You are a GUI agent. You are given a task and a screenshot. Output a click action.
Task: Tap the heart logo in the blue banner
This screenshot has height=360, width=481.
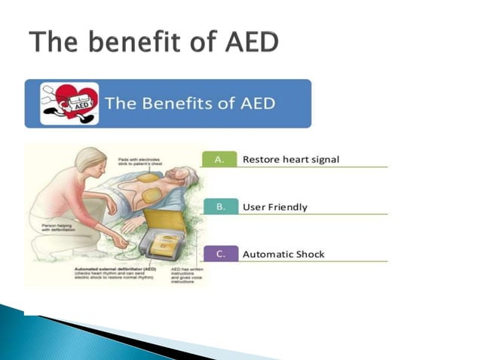pos(69,103)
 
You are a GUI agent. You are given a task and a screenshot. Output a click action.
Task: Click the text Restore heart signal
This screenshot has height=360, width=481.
pos(290,160)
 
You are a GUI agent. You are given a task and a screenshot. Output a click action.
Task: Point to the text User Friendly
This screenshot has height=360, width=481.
pos(274,207)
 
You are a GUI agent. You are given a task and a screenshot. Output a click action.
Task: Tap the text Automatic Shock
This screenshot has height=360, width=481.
pos(283,255)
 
